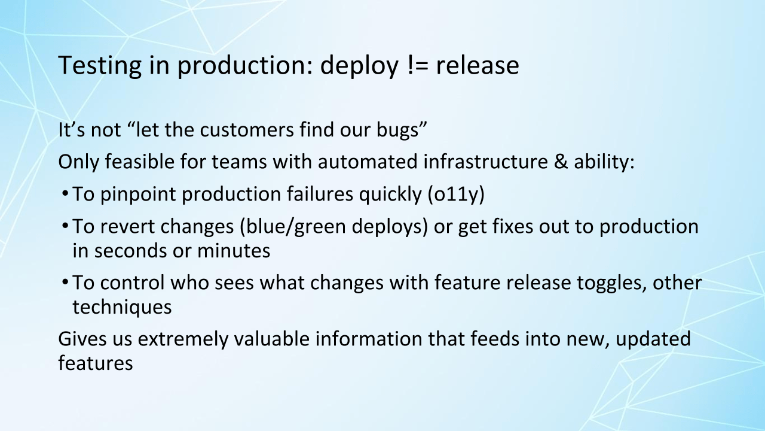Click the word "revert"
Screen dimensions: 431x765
click(128, 227)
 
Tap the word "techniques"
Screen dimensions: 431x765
click(122, 306)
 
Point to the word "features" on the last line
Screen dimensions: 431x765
click(96, 363)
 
